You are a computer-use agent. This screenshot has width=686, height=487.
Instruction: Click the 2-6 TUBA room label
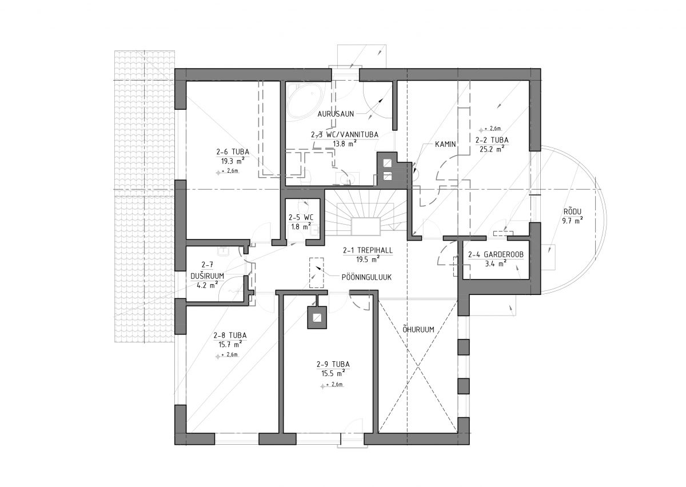(233, 152)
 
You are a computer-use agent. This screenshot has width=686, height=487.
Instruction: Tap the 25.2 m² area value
(492, 149)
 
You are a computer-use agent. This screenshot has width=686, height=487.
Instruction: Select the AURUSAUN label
(336, 114)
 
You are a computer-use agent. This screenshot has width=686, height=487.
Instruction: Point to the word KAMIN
(445, 144)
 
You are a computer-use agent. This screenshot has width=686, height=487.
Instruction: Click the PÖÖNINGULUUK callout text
(366, 277)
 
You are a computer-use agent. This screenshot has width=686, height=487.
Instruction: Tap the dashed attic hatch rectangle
(316, 273)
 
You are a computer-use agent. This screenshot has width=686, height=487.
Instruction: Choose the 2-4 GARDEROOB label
(496, 254)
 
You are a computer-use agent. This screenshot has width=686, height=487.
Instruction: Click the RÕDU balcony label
(572, 211)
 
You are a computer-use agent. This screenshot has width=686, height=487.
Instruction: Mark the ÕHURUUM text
(418, 330)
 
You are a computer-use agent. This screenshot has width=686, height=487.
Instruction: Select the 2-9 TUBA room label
(333, 365)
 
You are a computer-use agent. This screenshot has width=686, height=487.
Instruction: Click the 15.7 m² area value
(230, 344)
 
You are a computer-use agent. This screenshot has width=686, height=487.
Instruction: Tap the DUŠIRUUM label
(208, 276)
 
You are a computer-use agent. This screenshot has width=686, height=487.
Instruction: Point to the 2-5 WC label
(301, 217)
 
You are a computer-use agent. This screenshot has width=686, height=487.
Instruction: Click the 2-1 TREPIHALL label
(368, 250)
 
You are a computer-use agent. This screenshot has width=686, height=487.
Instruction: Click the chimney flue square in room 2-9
(317, 318)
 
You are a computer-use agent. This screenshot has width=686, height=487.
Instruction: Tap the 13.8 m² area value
(345, 143)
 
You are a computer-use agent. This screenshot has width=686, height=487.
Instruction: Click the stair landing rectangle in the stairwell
(366, 226)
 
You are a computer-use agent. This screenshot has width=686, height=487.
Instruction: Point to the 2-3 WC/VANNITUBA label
(345, 134)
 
